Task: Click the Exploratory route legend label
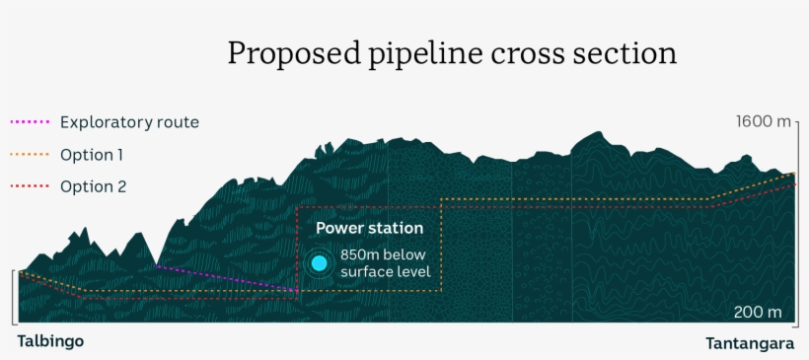129,123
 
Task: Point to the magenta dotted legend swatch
29,123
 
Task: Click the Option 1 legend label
93,155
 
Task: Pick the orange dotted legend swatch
29,155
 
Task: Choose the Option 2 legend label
93,186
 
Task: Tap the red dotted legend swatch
29,186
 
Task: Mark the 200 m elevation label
757,313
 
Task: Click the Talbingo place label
50,341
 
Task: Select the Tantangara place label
750,343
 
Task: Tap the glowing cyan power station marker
319,263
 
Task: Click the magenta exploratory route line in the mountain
227,278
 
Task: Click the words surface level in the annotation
385,271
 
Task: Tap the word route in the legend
179,123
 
